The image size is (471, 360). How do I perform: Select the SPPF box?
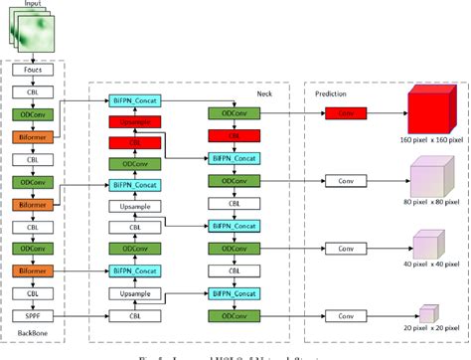pyautogui.click(x=33, y=315)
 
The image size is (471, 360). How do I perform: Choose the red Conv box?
pyautogui.click(x=345, y=113)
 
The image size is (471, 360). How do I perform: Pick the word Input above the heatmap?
pyautogui.click(x=34, y=6)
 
